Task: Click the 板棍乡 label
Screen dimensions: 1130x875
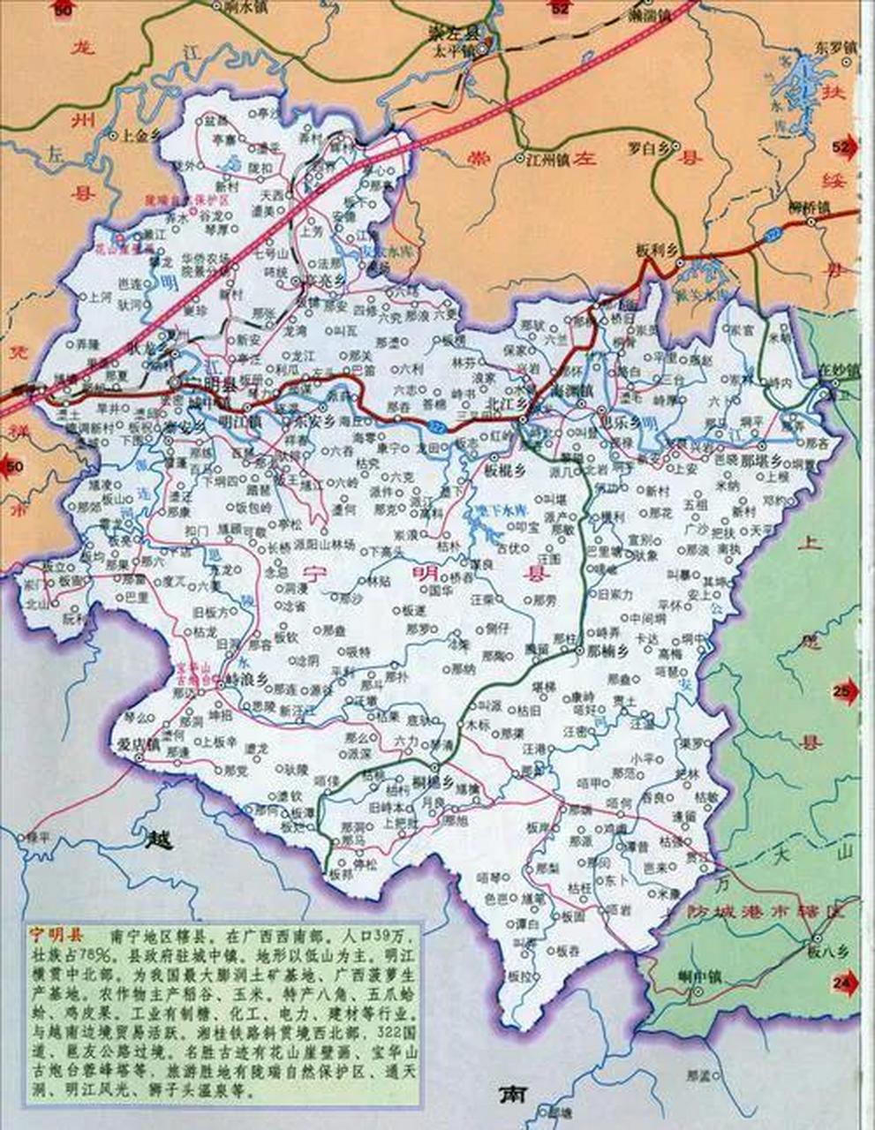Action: click(x=506, y=471)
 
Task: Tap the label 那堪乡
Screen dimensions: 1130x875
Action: click(x=760, y=461)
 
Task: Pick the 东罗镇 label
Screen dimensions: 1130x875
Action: click(x=836, y=47)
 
